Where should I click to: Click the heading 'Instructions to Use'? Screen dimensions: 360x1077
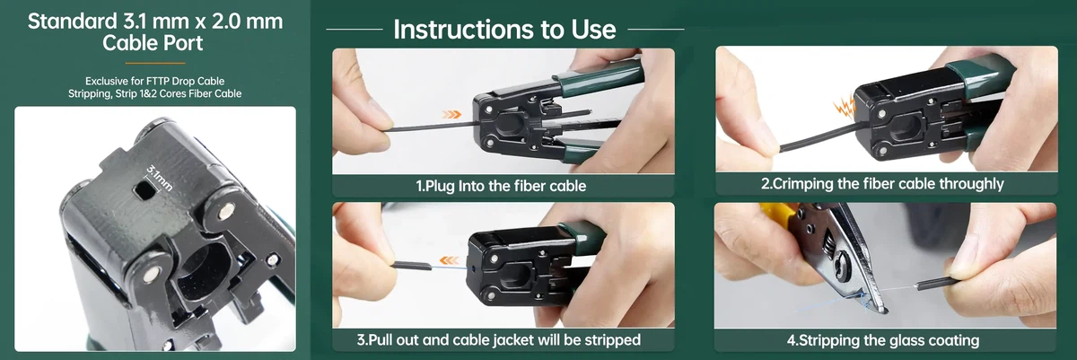click(x=504, y=29)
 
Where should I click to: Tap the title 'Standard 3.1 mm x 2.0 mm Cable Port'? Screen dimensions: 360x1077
click(x=154, y=31)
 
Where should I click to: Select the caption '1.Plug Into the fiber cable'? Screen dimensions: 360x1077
click(x=503, y=186)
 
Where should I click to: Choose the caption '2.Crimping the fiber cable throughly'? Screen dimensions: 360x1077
click(x=882, y=184)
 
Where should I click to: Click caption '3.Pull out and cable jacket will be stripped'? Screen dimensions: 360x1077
click(x=503, y=340)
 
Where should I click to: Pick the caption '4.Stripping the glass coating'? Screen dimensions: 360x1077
click(x=882, y=340)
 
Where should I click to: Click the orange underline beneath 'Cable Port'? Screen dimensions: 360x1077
click(x=154, y=63)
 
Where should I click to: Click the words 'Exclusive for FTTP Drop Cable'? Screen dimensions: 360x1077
click(x=154, y=80)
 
